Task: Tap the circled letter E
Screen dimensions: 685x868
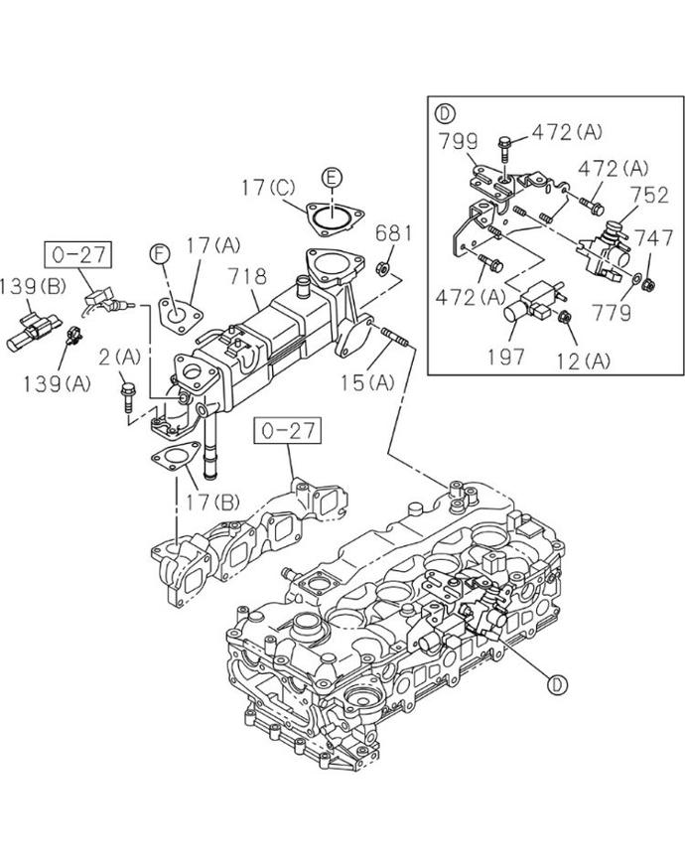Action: (x=331, y=178)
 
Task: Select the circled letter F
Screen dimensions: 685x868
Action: (x=160, y=254)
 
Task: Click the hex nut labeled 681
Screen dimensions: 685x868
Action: (x=382, y=269)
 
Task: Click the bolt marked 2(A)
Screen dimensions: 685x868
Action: (x=127, y=397)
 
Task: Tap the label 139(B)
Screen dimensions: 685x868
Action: (x=33, y=286)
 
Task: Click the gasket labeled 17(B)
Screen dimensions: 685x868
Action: (x=175, y=458)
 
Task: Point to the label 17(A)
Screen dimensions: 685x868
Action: (x=213, y=244)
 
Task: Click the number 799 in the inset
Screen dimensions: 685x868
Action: (x=459, y=142)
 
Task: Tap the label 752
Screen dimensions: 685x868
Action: (x=650, y=195)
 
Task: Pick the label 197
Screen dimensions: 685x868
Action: (x=505, y=357)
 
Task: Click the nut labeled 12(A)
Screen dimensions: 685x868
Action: (x=565, y=318)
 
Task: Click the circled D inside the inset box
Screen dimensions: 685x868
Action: (x=445, y=114)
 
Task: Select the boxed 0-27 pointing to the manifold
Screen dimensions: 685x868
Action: (x=288, y=431)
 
